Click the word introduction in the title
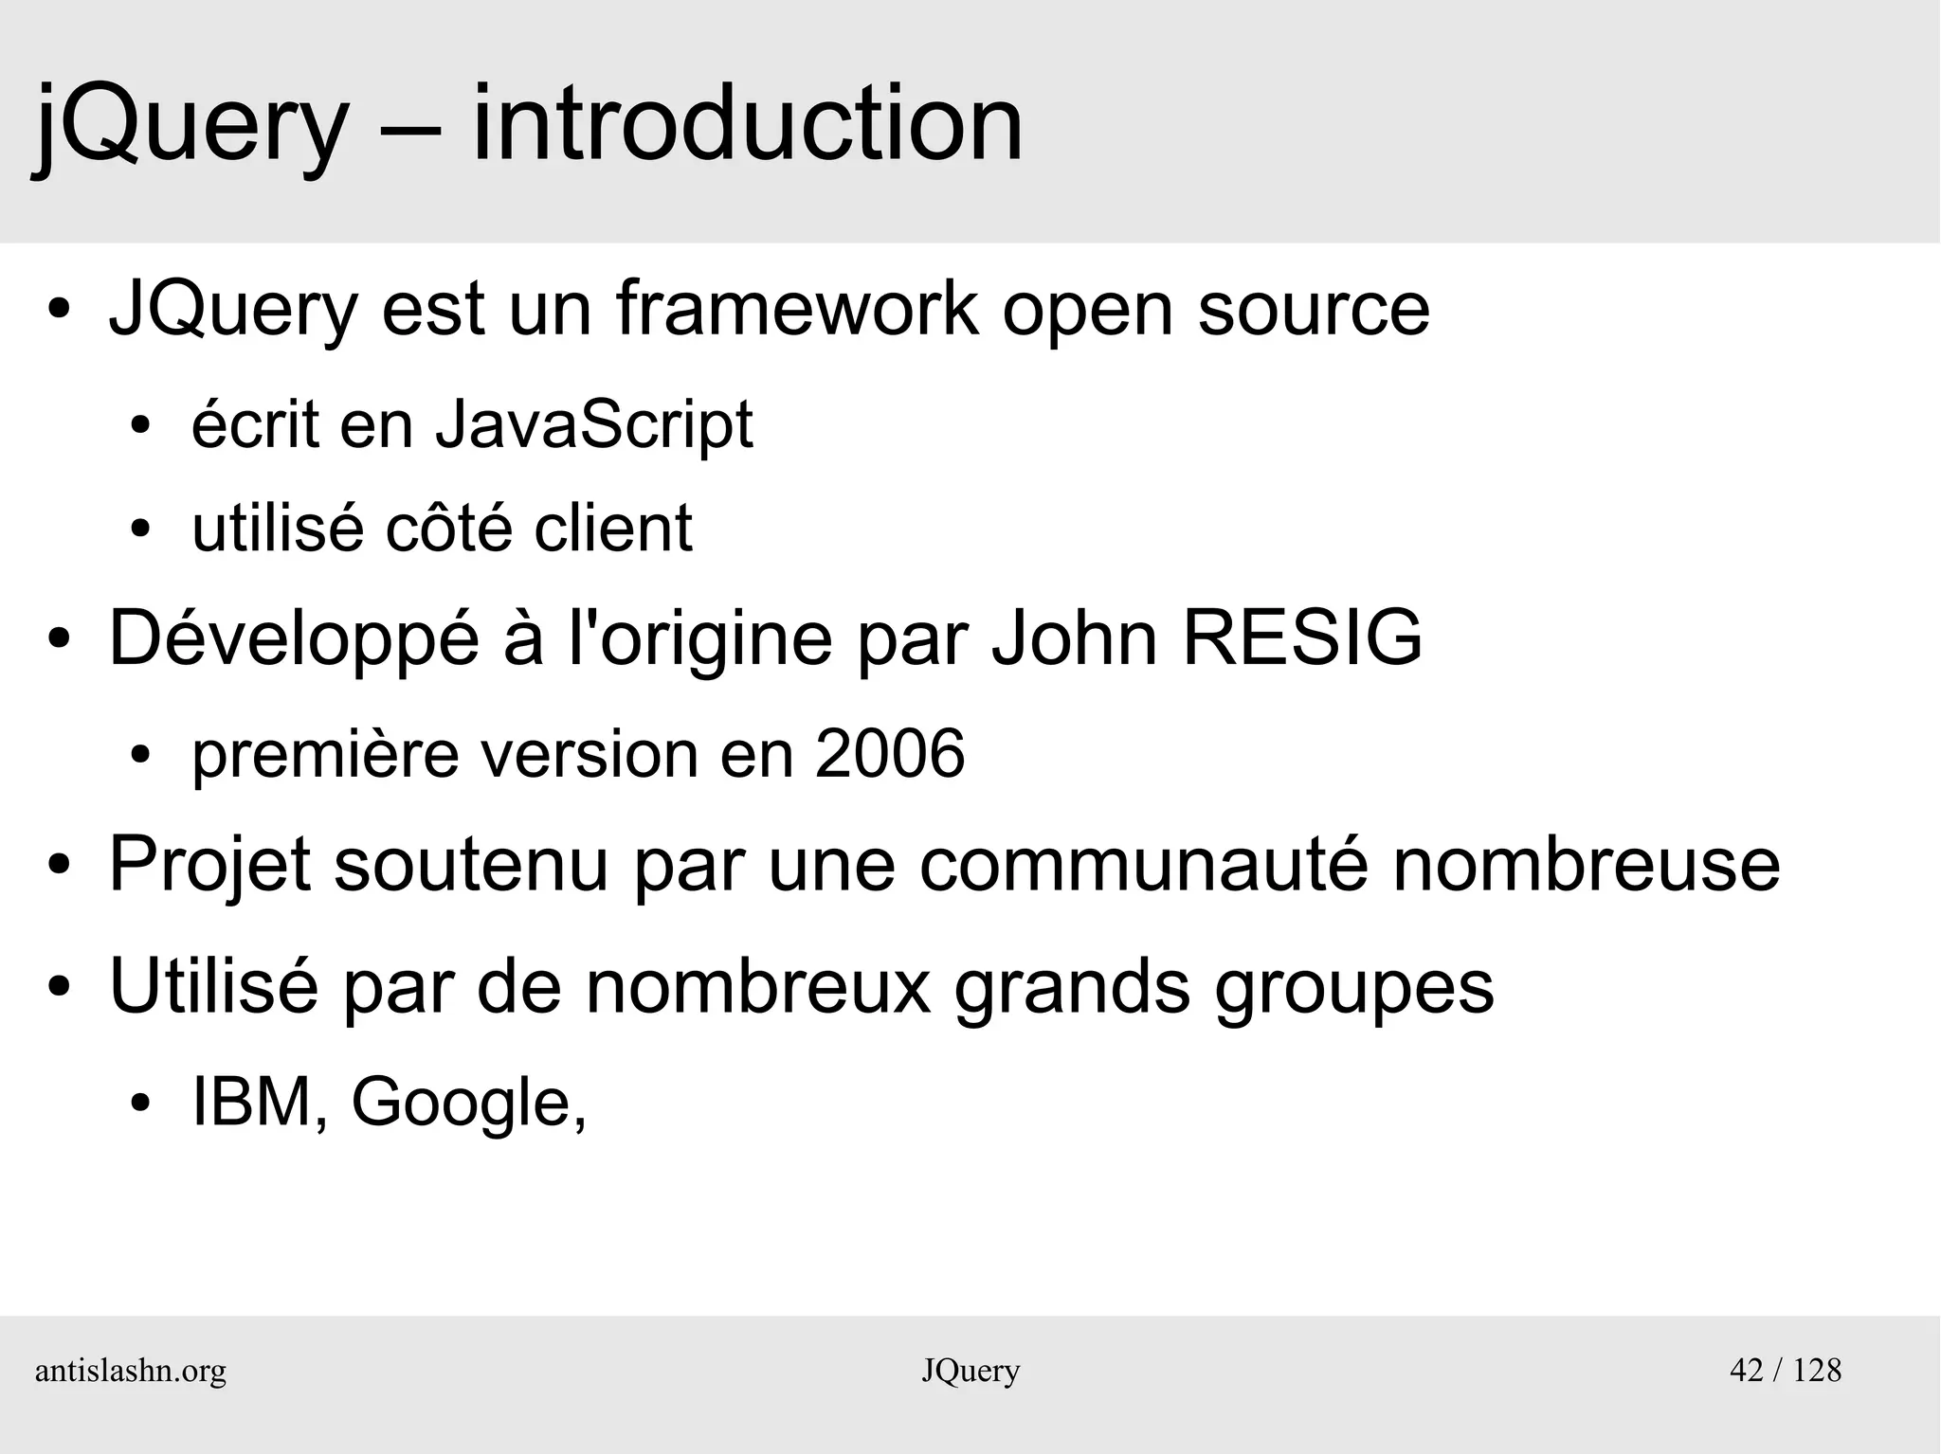(x=747, y=124)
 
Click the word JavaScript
(x=594, y=425)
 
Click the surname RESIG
(x=1302, y=637)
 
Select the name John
(x=1075, y=637)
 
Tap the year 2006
(x=890, y=754)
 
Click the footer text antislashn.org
(x=131, y=1371)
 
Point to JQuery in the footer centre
(x=970, y=1372)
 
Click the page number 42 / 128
(x=1786, y=1370)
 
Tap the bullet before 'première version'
(x=141, y=756)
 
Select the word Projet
(x=210, y=866)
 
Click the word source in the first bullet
(x=1313, y=311)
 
